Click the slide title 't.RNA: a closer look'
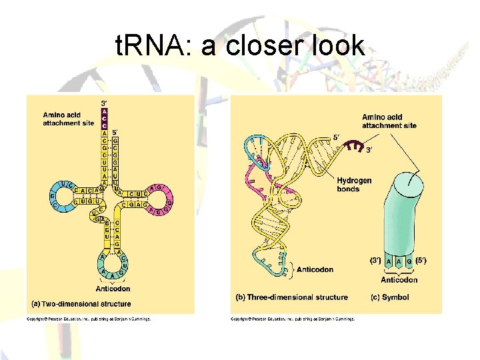(240, 47)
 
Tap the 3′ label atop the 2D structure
(104, 103)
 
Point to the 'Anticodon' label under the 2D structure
(113, 289)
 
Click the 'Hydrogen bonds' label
(354, 185)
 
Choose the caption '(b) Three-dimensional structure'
(292, 297)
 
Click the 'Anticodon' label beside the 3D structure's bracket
(316, 269)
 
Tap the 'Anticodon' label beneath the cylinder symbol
(399, 280)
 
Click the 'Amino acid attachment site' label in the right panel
(389, 121)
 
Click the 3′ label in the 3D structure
(369, 150)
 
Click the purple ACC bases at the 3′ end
(104, 119)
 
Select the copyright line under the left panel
(89, 319)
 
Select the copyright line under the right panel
(293, 319)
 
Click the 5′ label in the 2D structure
(116, 132)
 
